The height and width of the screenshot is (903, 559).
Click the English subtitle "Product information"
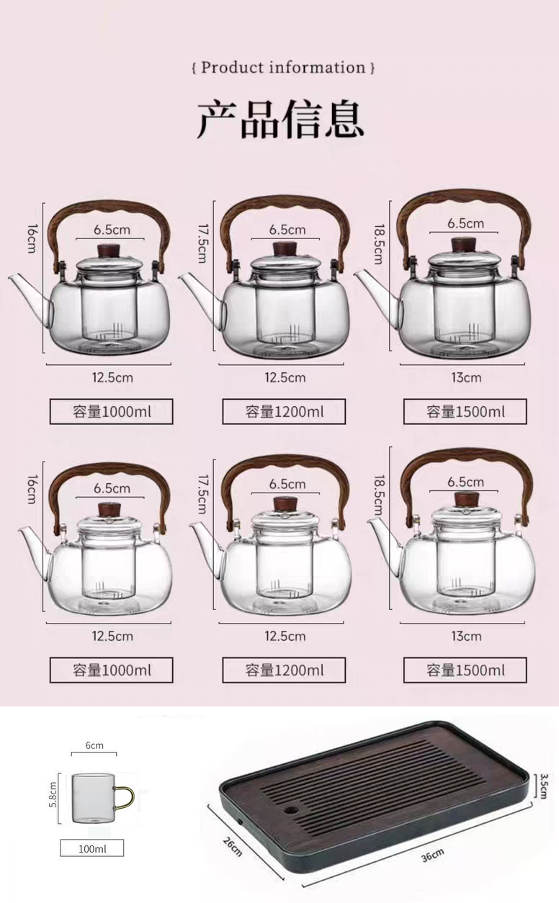283,67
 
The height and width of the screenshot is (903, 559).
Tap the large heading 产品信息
280,120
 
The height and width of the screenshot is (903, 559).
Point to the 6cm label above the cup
94,745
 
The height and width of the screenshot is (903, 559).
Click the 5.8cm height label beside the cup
53,794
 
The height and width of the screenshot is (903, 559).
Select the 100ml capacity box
92,848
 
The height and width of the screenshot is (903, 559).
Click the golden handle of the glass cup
126,797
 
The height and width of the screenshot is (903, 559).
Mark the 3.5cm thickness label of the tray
544,786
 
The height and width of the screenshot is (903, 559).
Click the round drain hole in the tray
290,809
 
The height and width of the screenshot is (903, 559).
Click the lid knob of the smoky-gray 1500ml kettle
464,244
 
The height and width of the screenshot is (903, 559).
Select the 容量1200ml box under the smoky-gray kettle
284,412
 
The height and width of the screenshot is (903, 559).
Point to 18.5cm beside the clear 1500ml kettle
380,495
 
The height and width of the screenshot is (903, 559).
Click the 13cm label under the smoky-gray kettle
466,378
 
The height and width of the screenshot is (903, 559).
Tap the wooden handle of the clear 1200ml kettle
285,466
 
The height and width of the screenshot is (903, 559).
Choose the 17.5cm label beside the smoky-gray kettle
203,243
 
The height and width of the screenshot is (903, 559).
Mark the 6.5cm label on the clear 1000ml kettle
112,488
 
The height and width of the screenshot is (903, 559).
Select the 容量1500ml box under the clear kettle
465,670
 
